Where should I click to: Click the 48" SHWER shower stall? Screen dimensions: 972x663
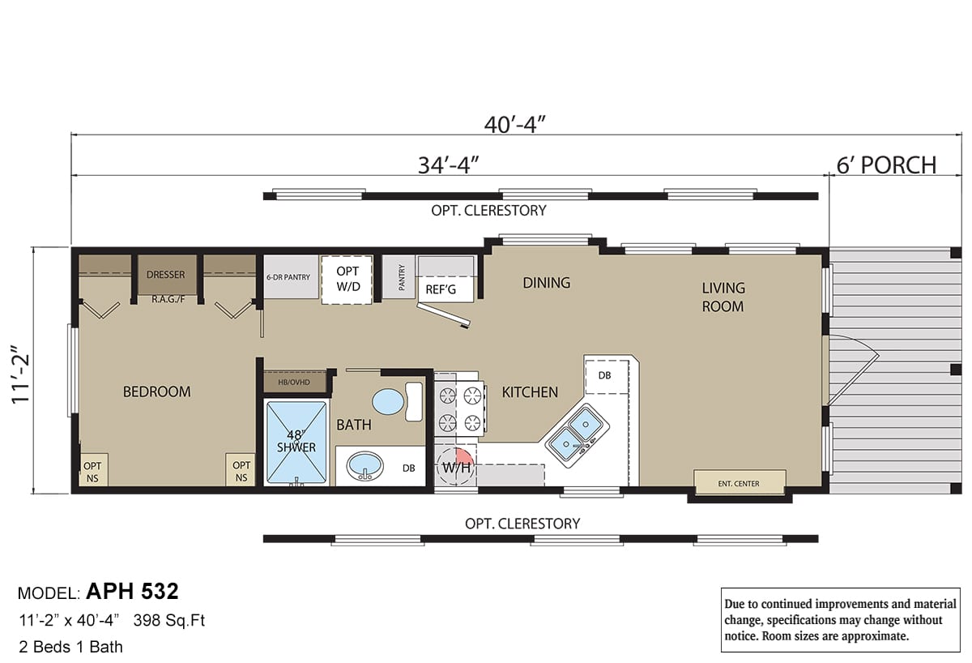click(x=296, y=442)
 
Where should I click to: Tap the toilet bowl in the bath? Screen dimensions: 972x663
click(x=388, y=402)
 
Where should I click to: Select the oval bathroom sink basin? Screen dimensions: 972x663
click(x=365, y=466)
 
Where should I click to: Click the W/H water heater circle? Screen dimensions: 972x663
click(x=455, y=467)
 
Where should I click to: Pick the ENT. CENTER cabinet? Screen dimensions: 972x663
click(x=740, y=482)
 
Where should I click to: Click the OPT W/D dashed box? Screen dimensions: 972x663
click(x=347, y=280)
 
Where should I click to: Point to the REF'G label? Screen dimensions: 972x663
click(x=441, y=289)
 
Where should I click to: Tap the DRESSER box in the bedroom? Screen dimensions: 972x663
click(x=167, y=275)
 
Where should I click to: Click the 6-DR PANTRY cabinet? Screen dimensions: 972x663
click(x=291, y=276)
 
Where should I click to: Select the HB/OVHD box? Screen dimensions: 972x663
click(x=295, y=382)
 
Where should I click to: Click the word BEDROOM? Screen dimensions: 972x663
click(x=156, y=391)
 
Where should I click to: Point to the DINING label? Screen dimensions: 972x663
click(x=546, y=283)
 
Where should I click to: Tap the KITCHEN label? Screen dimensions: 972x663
click(x=530, y=392)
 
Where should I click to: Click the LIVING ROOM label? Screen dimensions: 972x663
click(x=723, y=297)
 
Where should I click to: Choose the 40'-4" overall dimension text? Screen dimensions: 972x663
click(x=514, y=125)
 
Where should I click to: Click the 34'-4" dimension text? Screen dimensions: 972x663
click(x=448, y=165)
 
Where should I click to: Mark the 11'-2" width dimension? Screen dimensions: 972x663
click(x=20, y=374)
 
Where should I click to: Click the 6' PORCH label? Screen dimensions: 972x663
click(x=886, y=165)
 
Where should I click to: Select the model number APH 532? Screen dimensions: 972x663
click(x=132, y=592)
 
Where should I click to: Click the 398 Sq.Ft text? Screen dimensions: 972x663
click(x=168, y=621)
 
